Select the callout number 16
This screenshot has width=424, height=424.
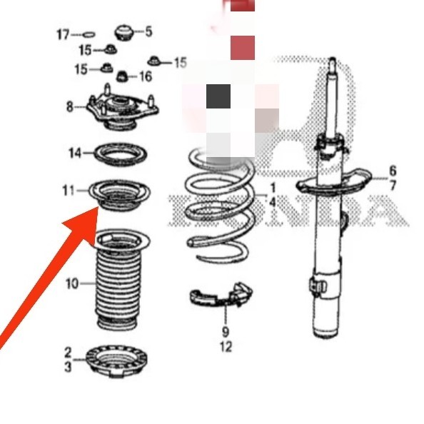[x=146, y=76]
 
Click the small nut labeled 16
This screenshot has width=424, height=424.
[x=123, y=75]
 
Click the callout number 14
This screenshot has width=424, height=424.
[x=76, y=153]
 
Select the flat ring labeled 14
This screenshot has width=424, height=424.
[x=117, y=153]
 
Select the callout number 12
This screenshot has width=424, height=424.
[x=226, y=348]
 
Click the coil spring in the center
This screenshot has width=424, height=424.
[x=218, y=207]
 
